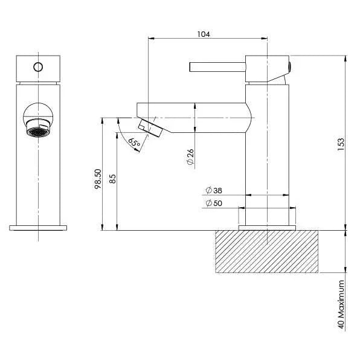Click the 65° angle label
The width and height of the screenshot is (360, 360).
point(134,144)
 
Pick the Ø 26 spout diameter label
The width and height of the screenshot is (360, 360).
point(190,158)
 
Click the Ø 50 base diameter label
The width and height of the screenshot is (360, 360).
point(214,204)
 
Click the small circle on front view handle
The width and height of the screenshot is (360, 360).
point(39,66)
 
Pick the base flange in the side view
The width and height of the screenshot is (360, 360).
point(268,227)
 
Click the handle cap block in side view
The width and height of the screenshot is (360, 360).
point(267,68)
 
